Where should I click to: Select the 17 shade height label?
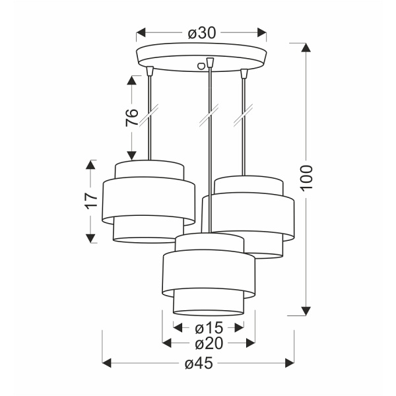point(91,201)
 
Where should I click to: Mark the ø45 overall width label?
point(199,363)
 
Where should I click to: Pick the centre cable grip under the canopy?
point(210,63)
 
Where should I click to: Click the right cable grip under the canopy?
point(244,71)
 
